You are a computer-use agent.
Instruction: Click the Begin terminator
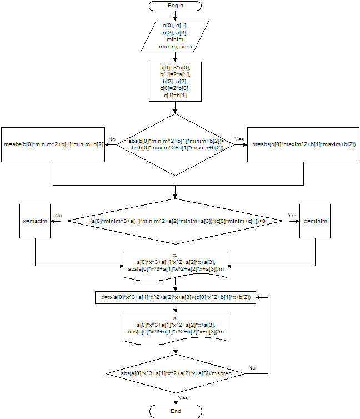point(176,6)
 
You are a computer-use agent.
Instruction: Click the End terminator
point(176,411)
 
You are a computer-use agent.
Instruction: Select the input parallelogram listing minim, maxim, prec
point(176,36)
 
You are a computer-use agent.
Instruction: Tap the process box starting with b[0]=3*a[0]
point(176,81)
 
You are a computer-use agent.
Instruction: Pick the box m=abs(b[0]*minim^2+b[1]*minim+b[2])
point(53,144)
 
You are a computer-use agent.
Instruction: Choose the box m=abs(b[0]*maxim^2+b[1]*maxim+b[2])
point(303,144)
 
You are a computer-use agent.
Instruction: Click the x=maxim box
point(35,221)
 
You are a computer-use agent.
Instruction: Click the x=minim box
point(316,221)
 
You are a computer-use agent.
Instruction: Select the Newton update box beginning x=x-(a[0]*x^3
point(176,298)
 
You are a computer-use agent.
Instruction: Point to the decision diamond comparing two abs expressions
point(176,144)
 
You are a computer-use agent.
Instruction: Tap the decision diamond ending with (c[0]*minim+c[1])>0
point(176,221)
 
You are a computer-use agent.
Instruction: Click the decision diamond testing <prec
point(176,373)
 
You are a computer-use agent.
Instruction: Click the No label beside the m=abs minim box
point(112,139)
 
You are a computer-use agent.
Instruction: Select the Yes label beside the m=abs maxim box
point(239,139)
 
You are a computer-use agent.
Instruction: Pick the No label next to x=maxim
point(58,215)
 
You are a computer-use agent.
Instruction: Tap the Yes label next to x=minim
point(292,215)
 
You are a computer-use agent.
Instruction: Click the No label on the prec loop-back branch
point(252,368)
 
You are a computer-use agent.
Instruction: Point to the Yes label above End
point(183,398)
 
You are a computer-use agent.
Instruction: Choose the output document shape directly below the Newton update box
point(176,327)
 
